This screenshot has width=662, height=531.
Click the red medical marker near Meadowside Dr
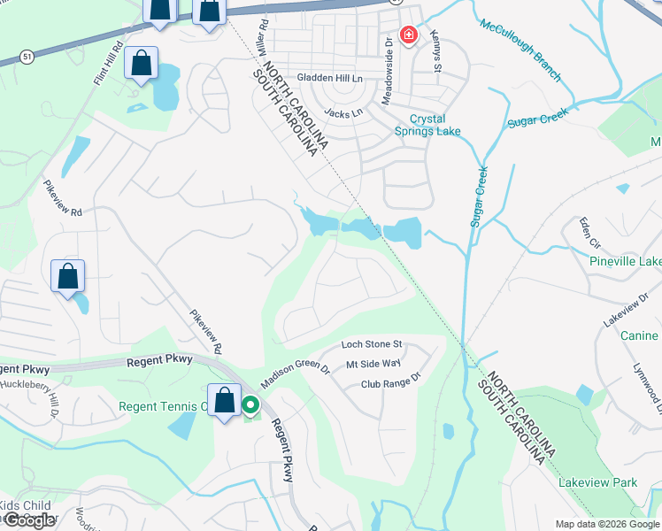click(408, 35)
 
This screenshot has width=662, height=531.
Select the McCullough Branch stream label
click(520, 50)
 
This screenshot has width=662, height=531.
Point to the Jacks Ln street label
click(343, 113)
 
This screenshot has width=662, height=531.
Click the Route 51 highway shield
click(28, 55)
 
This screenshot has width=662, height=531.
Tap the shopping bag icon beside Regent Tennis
click(224, 400)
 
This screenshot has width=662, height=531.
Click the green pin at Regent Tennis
click(250, 406)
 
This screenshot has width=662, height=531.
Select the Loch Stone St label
click(373, 343)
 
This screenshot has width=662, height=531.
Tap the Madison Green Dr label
click(295, 377)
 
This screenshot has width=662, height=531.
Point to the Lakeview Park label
click(597, 483)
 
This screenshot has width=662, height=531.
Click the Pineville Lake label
click(626, 261)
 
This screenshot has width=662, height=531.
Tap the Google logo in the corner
click(29, 520)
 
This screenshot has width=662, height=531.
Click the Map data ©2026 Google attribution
click(606, 524)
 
